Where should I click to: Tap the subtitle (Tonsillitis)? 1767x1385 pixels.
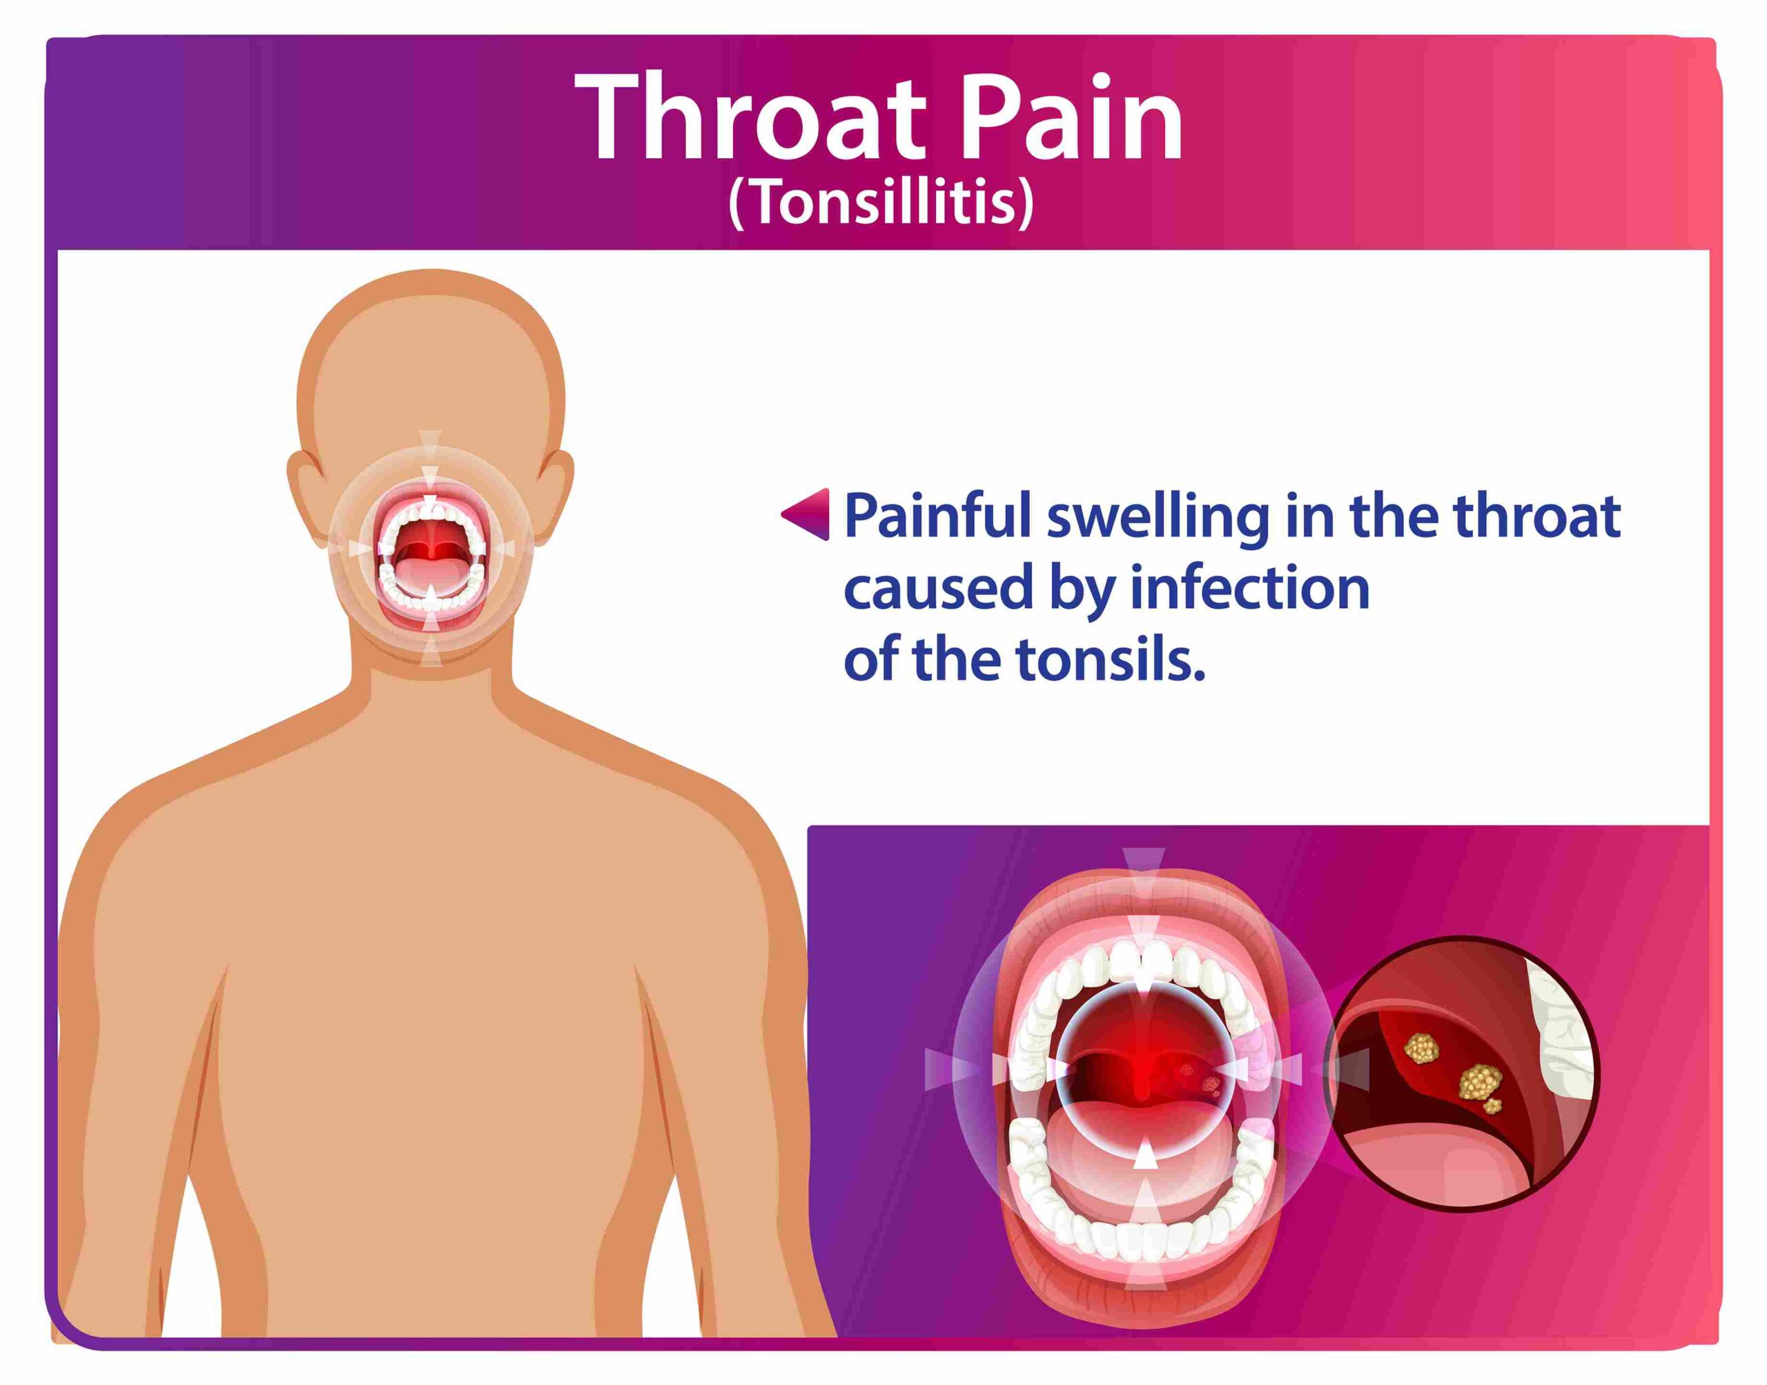pos(881,204)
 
